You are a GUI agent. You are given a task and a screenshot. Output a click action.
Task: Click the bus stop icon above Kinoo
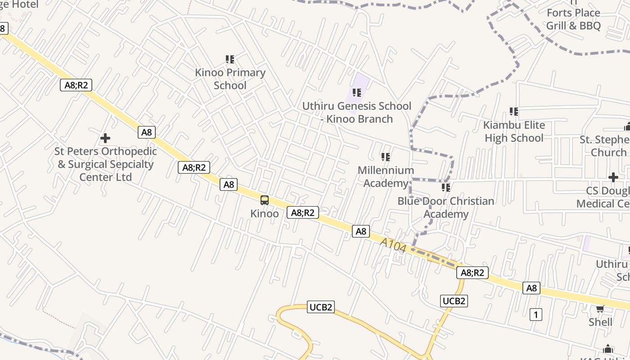click(265, 200)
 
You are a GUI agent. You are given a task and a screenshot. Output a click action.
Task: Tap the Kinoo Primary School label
click(230, 79)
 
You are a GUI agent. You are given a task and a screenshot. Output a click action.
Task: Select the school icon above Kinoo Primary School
click(230, 59)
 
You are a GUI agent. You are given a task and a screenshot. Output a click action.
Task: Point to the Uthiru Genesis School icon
click(357, 93)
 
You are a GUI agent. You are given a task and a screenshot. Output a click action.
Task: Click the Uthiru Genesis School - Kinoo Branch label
click(356, 112)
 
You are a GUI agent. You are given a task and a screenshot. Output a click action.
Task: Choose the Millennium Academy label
click(386, 176)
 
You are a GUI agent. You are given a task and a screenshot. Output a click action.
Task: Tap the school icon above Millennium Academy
click(385, 157)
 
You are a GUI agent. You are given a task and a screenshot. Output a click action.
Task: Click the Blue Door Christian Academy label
click(445, 207)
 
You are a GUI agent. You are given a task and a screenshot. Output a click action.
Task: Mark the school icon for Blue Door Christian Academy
click(445, 187)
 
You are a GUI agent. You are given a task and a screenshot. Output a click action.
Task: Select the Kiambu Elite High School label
click(514, 131)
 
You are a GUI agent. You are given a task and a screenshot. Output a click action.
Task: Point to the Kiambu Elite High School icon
click(513, 112)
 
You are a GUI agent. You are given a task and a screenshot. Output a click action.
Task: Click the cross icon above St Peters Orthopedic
click(105, 138)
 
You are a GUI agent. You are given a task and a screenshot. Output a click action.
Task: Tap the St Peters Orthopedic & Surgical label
click(106, 164)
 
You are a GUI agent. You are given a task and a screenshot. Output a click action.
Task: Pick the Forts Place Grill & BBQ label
click(573, 19)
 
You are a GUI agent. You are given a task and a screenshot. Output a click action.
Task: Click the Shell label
click(600, 322)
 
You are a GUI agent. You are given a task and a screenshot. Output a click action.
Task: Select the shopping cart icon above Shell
click(600, 309)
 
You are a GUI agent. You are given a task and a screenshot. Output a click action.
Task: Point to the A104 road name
click(393, 245)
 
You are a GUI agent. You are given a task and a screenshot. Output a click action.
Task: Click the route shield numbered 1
click(535, 315)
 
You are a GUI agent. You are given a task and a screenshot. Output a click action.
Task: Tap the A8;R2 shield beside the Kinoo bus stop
click(302, 212)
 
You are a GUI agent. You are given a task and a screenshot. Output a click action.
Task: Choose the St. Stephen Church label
click(604, 146)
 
